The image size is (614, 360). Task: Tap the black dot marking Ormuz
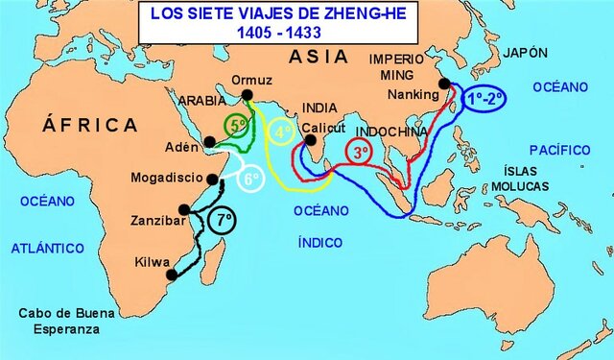248,94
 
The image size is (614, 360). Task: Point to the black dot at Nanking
444,84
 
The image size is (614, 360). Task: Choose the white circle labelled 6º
249,179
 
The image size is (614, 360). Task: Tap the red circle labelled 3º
360,152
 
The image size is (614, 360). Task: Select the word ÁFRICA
90,125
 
